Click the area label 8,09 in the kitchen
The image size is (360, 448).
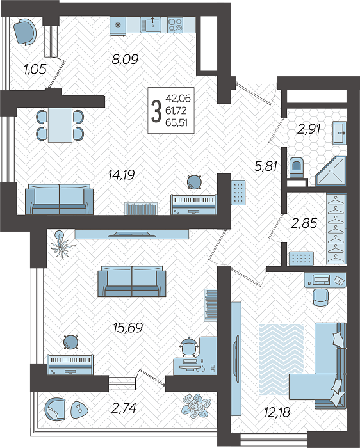[126, 60]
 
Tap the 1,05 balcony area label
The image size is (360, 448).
[35, 69]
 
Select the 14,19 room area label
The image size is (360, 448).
[121, 175]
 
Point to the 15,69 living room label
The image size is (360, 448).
[128, 328]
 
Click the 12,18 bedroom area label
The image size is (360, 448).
[277, 412]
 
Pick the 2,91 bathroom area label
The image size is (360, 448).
[309, 129]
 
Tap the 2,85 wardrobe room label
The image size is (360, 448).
[304, 223]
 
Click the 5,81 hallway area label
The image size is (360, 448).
[266, 166]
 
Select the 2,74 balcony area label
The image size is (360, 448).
[124, 408]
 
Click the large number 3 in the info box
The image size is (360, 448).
[156, 111]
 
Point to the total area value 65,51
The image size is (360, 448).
[177, 123]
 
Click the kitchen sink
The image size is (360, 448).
[151, 24]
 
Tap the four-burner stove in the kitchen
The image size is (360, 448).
[175, 24]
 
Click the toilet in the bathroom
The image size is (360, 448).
[297, 168]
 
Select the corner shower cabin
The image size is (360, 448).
[331, 171]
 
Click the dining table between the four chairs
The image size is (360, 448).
[60, 125]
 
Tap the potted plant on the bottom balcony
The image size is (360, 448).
[197, 406]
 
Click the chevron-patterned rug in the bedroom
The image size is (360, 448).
[281, 360]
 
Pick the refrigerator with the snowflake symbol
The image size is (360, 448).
[118, 26]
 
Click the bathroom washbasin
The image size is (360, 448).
[340, 132]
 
